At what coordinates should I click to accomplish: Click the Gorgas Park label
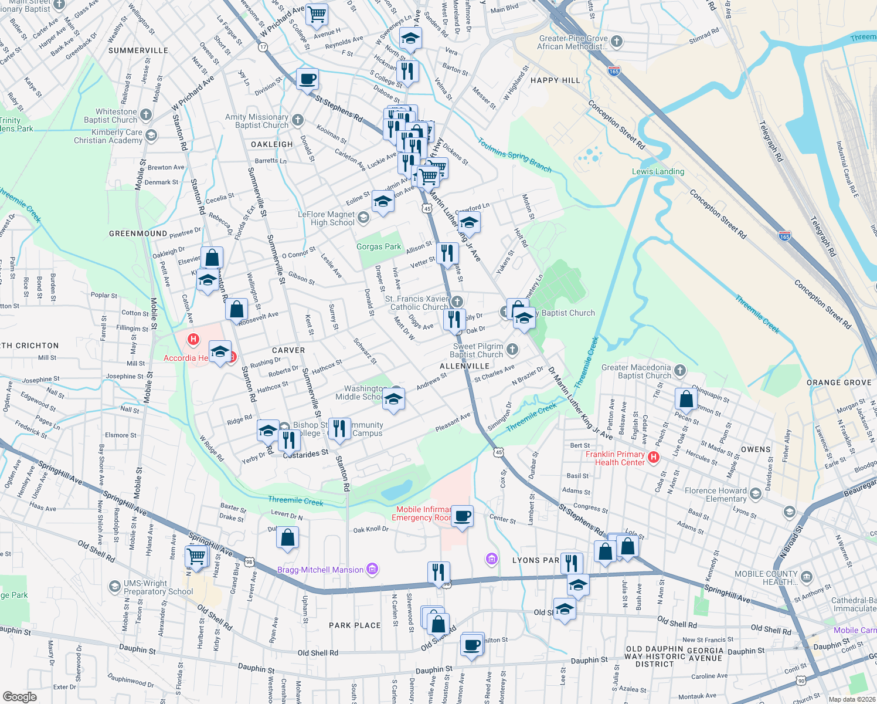click(x=379, y=247)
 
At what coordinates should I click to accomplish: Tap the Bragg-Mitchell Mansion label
click(x=321, y=570)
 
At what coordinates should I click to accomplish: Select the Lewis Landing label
click(x=658, y=172)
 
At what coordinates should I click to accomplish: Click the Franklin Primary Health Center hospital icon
click(x=654, y=456)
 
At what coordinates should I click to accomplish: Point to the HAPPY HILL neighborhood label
click(x=555, y=80)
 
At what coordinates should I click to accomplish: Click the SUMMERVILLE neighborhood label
click(x=138, y=50)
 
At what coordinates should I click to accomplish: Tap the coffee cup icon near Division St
click(x=307, y=79)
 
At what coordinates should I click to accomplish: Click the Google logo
click(x=19, y=697)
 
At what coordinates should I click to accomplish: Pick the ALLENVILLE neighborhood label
click(x=464, y=366)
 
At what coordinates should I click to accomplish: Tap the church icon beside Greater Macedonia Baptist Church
click(x=680, y=370)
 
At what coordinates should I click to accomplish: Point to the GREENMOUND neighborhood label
click(x=138, y=233)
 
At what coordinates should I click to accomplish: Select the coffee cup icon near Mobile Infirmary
click(x=463, y=516)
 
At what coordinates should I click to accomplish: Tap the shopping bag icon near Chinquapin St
click(x=686, y=399)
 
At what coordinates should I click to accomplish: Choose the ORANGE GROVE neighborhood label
click(x=839, y=383)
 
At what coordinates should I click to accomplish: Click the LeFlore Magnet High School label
click(x=326, y=218)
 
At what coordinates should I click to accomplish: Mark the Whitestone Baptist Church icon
click(x=146, y=115)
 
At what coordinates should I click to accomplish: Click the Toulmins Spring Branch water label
click(x=515, y=155)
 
